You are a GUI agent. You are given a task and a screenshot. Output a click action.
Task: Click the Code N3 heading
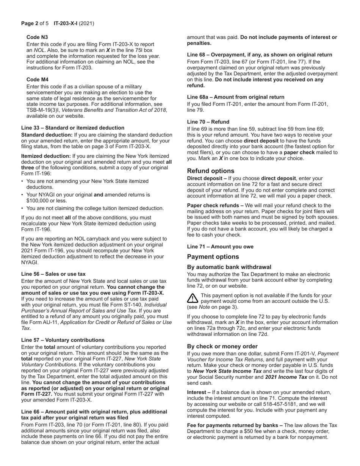pyautogui.click(x=37, y=37)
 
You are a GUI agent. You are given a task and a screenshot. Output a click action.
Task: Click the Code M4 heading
pyautogui.click(x=37, y=80)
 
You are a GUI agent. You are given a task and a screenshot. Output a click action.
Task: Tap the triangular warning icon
pyautogui.click(x=193, y=298)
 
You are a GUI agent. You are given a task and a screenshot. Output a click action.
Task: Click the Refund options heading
pyautogui.click(x=210, y=171)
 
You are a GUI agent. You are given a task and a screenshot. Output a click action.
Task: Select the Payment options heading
pyautogui.click(x=213, y=257)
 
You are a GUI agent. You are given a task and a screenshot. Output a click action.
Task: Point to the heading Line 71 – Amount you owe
pyautogui.click(x=220, y=247)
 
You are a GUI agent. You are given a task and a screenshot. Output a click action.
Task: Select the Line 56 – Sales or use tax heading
pyautogui.click(x=53, y=274)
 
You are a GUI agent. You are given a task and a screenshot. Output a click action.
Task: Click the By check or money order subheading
pyautogui.click(x=222, y=346)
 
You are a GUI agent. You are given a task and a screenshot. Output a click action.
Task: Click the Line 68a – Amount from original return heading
pyautogui.click(x=235, y=97)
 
